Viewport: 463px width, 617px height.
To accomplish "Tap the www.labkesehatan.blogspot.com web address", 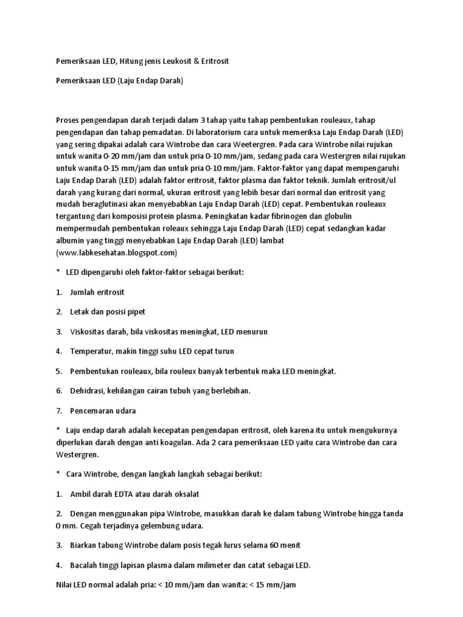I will point(117,252).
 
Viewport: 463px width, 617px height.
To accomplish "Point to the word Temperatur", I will point(90,351).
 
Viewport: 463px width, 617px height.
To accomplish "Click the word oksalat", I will point(186,493).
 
